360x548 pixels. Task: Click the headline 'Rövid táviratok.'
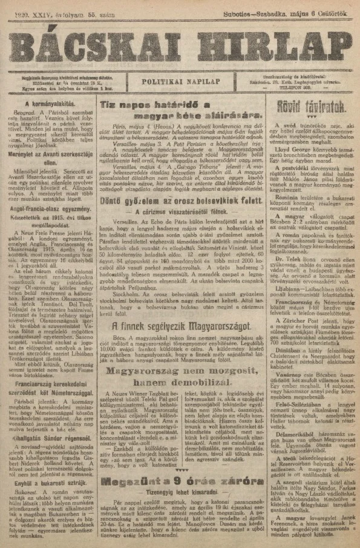318,107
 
